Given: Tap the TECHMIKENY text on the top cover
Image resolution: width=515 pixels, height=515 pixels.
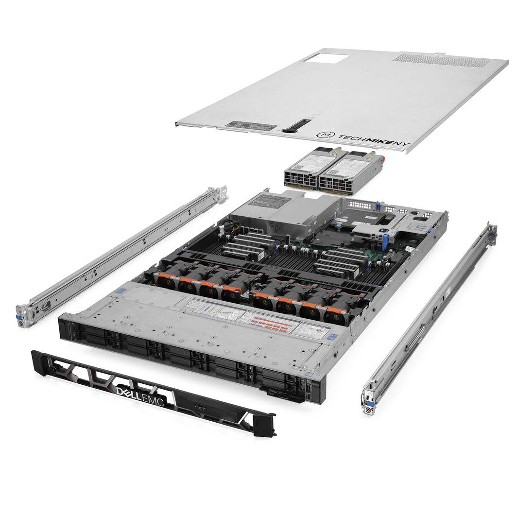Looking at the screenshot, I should [x=363, y=138].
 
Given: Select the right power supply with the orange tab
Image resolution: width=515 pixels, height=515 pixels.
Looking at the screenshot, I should [x=351, y=173].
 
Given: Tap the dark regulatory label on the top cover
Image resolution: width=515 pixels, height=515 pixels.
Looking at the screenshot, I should [x=250, y=125].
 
